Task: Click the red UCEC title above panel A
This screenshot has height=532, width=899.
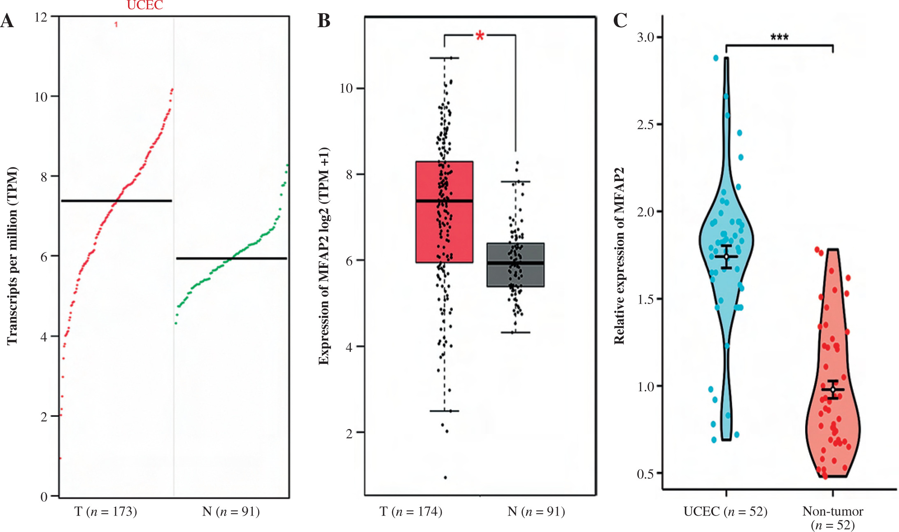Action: coord(145,5)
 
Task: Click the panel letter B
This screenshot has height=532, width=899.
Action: coord(324,21)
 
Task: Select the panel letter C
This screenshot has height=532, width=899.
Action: coord(620,20)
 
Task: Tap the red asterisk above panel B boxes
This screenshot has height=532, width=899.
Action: coord(480,36)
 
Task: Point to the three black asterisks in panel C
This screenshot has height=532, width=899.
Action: coord(779,37)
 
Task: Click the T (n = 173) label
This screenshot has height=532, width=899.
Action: coord(105,511)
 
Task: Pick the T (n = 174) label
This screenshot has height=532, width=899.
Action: coord(411,511)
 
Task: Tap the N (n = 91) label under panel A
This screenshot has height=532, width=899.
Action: coord(231,511)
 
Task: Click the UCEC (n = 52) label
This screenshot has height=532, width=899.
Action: coord(725,511)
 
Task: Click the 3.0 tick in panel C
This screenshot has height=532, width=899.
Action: coord(645,37)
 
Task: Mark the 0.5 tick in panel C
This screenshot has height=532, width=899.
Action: coord(645,474)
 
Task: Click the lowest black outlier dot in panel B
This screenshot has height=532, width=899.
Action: coord(445,478)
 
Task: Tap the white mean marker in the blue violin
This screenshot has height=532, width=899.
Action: coord(727,257)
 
